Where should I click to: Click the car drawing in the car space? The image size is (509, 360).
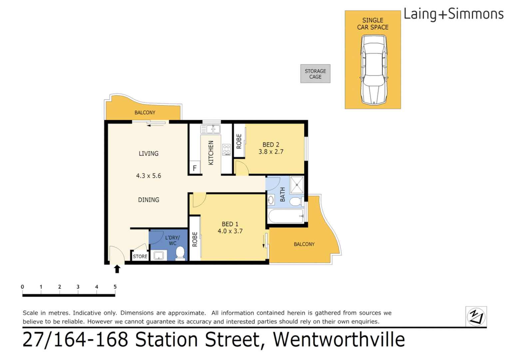pyautogui.click(x=373, y=70)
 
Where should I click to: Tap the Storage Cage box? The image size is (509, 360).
pyautogui.click(x=315, y=74)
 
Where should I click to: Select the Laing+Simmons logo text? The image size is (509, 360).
pyautogui.click(x=453, y=14)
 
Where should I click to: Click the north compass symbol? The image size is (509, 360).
pyautogui.click(x=476, y=316)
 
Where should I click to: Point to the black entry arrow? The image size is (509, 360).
pyautogui.click(x=117, y=269)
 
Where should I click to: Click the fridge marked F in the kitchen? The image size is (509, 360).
pyautogui.click(x=195, y=168)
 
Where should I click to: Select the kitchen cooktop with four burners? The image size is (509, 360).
pyautogui.click(x=227, y=150)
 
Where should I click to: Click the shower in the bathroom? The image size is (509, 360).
pyautogui.click(x=296, y=185)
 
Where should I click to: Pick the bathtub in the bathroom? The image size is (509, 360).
pyautogui.click(x=286, y=216)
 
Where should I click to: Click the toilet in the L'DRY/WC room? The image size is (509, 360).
pyautogui.click(x=180, y=253)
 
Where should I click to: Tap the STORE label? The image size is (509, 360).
pyautogui.click(x=140, y=256)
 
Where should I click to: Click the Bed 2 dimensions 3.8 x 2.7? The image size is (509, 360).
pyautogui.click(x=271, y=152)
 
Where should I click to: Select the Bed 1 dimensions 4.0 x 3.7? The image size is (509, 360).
pyautogui.click(x=230, y=231)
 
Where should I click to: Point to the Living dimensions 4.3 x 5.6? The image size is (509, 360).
pyautogui.click(x=149, y=176)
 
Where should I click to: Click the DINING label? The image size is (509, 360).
pyautogui.click(x=149, y=200)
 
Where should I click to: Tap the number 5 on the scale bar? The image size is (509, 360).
pyautogui.click(x=115, y=287)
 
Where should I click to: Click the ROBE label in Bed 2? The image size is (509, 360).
pyautogui.click(x=239, y=141)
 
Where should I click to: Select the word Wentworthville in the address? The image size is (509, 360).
pyautogui.click(x=339, y=340)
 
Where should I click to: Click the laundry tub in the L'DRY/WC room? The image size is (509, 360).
pyautogui.click(x=159, y=256)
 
